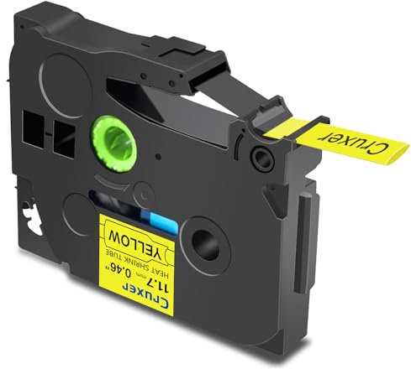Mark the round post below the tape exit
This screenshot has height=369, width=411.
point(262,157)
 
